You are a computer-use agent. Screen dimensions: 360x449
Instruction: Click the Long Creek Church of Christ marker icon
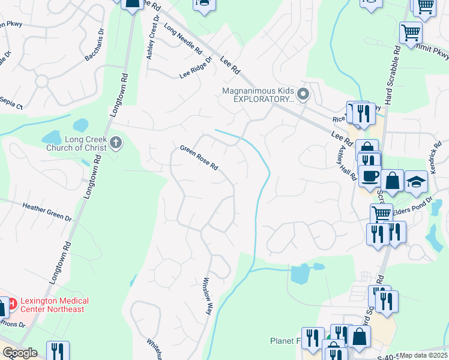point(116,143)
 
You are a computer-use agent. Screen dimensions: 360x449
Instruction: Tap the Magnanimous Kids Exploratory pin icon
point(303,94)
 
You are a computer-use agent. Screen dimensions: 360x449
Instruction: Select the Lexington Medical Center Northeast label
point(54,305)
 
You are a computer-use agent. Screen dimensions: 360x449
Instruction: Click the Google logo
point(20,353)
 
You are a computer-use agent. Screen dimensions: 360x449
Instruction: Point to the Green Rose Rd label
point(199,158)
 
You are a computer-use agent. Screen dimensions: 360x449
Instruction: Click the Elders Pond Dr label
point(412,203)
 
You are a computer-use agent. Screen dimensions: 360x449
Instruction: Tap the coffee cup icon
point(370,176)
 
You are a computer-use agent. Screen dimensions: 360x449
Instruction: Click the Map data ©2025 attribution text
point(424,355)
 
